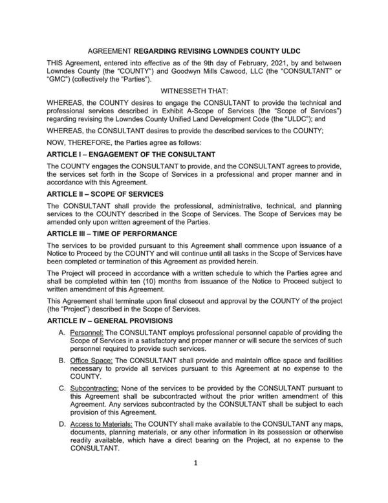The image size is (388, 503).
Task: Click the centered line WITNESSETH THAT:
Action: point(193,92)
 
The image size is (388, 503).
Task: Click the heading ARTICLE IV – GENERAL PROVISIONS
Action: point(116,320)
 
